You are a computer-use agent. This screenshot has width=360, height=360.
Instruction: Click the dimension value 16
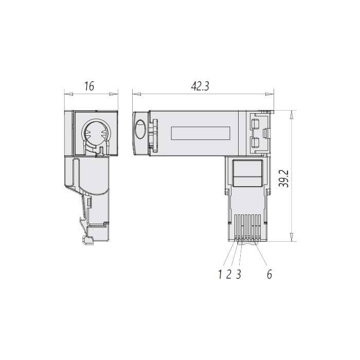89,86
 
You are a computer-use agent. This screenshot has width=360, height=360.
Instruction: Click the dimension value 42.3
200,86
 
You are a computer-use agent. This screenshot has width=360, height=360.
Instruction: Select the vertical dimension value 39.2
285,179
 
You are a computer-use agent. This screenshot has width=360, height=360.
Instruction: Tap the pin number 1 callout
220,274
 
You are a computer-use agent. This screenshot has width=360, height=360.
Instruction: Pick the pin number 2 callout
228,274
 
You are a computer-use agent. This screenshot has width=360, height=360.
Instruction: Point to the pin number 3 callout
239,274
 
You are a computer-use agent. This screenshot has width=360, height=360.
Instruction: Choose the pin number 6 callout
269,274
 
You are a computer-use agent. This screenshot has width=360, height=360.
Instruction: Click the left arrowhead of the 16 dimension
68,94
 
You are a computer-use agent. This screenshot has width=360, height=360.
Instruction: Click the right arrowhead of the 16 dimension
114,94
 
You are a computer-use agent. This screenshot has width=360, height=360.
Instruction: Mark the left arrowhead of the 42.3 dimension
137,94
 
